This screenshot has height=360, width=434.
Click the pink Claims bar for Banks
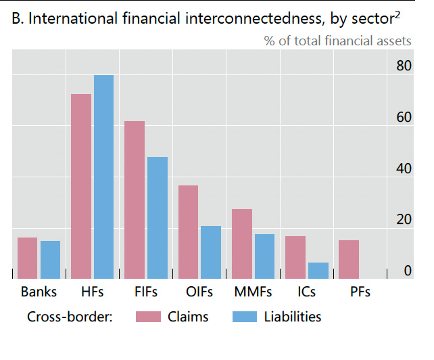tap(27, 258)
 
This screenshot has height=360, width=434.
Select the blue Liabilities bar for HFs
tap(103, 177)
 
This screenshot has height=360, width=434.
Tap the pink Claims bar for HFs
tap(81, 186)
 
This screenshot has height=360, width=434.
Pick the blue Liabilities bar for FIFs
tap(157, 217)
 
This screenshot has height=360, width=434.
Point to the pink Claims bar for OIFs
tap(188, 231)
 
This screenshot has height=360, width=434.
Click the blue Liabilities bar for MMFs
tap(264, 256)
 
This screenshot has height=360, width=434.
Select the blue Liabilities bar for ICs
tap(318, 270)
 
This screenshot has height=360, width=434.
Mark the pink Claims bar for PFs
tap(349, 259)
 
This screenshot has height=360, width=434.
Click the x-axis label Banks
tap(39, 292)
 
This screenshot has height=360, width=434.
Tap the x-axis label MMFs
tap(253, 292)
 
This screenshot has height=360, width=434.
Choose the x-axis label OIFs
tap(199, 292)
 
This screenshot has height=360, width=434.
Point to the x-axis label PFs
tap(360, 292)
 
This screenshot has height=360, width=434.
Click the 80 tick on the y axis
tap(404, 66)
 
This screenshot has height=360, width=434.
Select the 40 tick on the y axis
tap(404, 168)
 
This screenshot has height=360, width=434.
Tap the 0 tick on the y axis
tap(408, 271)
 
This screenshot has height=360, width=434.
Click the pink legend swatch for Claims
tap(148, 317)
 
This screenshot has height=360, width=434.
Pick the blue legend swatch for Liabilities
tap(244, 317)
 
